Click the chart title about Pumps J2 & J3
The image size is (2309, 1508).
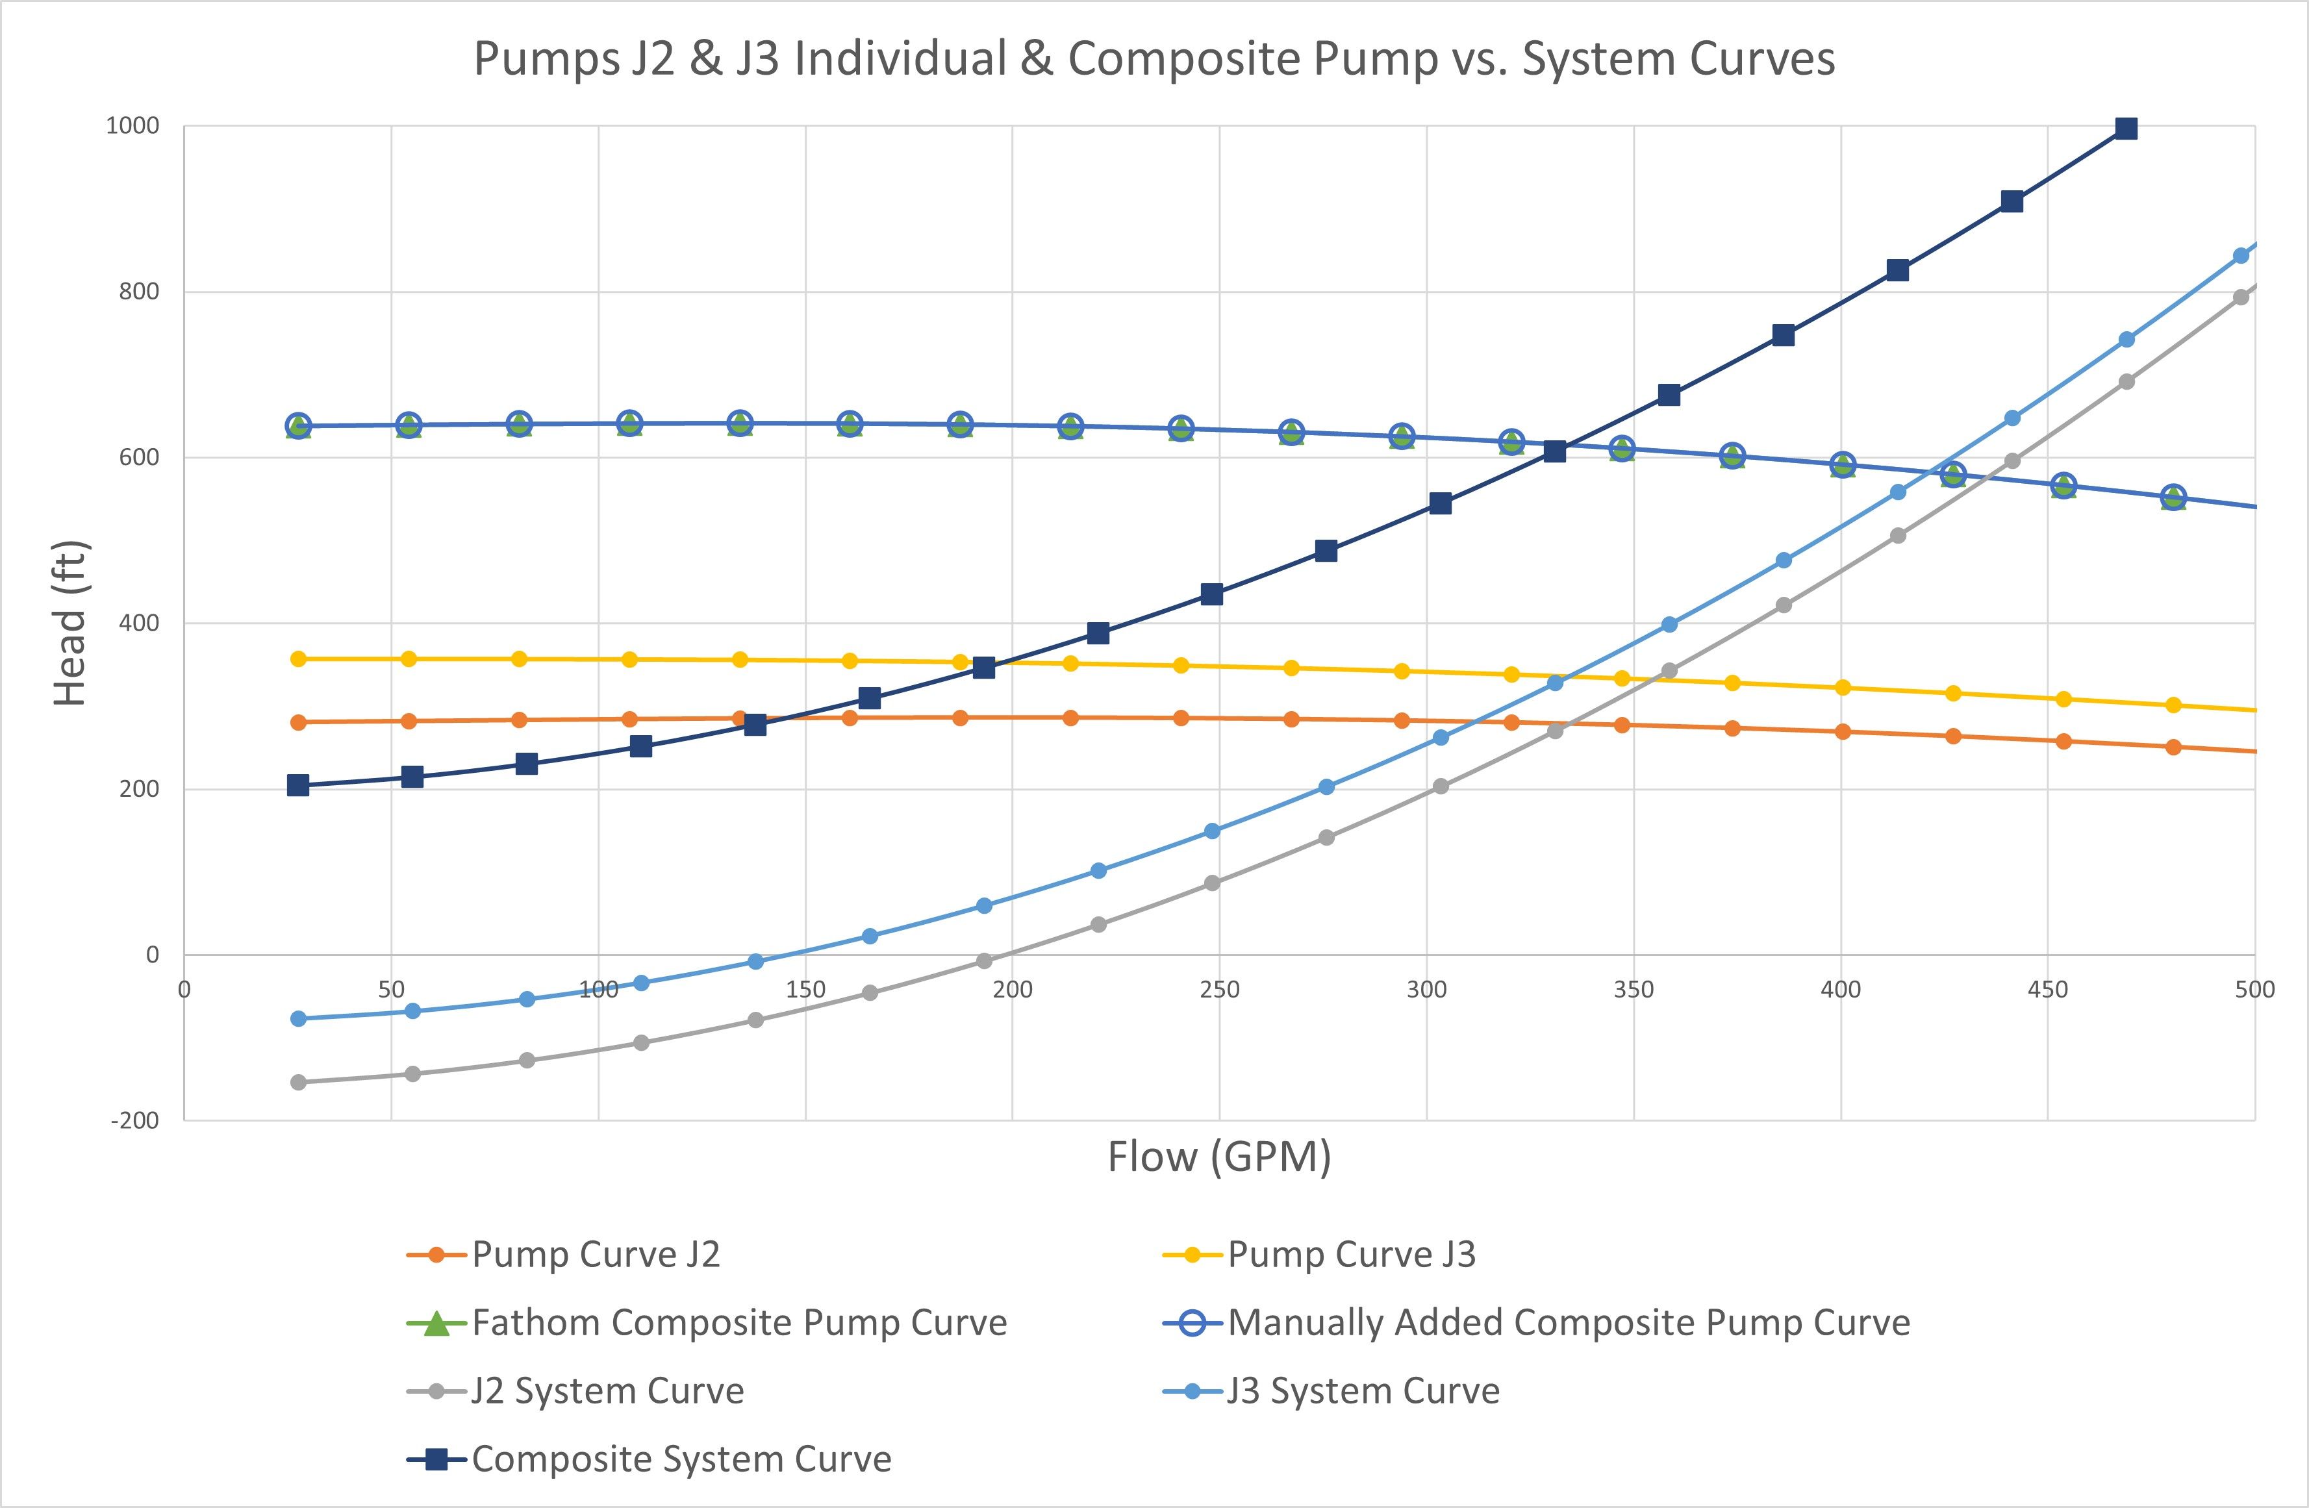tap(1154, 59)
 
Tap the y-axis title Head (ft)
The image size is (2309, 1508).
tap(71, 623)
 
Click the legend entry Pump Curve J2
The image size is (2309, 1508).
tap(595, 1255)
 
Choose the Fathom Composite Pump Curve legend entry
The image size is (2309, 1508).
tap(738, 1323)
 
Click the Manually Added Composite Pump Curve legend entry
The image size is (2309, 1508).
tap(1568, 1323)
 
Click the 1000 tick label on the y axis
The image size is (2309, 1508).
tap(133, 126)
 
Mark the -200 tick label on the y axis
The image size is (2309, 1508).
tap(135, 1121)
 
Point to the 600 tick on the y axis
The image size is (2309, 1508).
tap(140, 458)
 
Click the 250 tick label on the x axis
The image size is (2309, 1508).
tap(1220, 990)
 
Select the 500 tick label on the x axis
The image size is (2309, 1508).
tap(2254, 990)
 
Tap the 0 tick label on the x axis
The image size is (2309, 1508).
tap(184, 990)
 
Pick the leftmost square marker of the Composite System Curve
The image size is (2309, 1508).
tap(298, 786)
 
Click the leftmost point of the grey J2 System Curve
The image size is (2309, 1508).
tap(298, 1082)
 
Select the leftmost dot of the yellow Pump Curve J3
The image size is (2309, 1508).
tap(298, 659)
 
